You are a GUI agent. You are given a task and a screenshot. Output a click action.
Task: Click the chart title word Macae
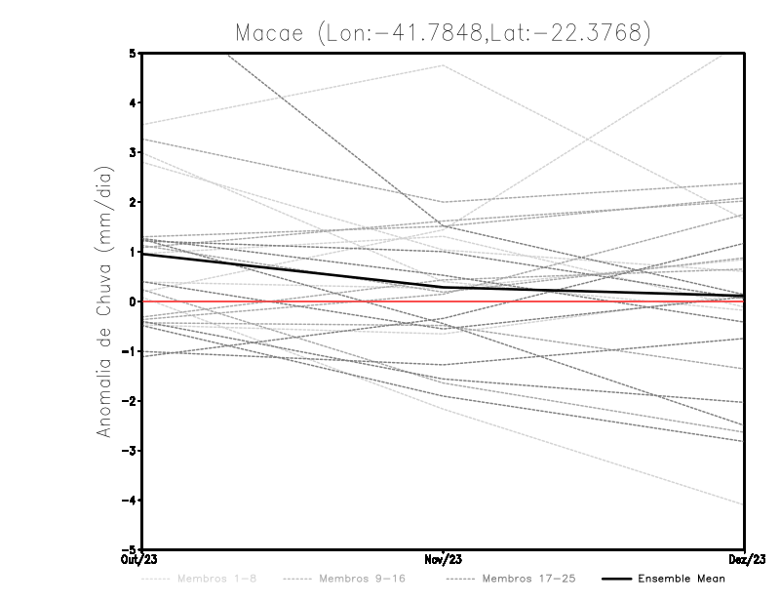(x=277, y=32)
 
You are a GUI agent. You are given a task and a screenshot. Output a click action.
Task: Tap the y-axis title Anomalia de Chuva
(x=104, y=301)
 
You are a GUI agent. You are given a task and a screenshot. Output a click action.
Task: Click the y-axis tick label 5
(x=133, y=53)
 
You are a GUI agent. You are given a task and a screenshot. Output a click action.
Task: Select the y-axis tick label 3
(x=133, y=152)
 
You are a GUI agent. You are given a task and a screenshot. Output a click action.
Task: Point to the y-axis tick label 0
(x=133, y=301)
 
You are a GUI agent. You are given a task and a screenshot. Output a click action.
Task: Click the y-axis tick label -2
(x=130, y=401)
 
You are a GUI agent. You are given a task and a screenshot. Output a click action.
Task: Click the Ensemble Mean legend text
(x=682, y=580)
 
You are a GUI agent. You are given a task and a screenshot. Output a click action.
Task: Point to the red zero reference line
(x=585, y=301)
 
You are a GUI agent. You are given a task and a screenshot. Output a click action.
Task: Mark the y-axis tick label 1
(x=133, y=252)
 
